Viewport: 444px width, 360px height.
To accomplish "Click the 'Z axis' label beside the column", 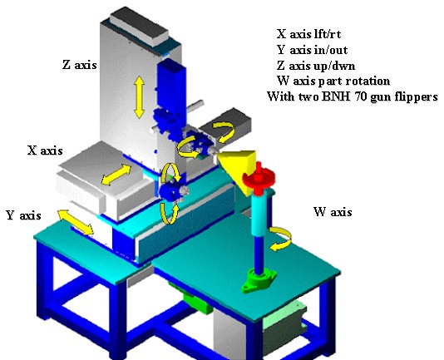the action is tap(80, 65).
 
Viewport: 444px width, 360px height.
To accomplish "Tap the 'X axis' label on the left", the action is tap(45, 150).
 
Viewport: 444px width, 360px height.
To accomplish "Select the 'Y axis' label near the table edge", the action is tap(23, 215).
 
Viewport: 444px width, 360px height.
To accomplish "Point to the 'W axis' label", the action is tap(333, 212).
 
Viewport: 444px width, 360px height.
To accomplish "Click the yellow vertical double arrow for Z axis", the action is tap(140, 97).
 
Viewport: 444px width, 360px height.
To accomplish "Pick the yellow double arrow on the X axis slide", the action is tap(116, 175).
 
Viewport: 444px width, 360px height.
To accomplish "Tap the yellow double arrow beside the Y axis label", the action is tap(76, 222).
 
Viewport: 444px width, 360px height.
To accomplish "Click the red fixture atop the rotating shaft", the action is tap(259, 178).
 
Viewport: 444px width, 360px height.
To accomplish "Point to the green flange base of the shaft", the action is tap(259, 281).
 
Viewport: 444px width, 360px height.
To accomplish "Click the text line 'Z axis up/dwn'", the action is tap(316, 66).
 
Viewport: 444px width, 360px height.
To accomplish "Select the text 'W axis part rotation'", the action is tap(333, 81).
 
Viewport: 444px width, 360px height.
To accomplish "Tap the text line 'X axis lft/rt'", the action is tap(308, 34).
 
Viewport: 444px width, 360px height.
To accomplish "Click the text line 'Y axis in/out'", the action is tap(312, 50).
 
